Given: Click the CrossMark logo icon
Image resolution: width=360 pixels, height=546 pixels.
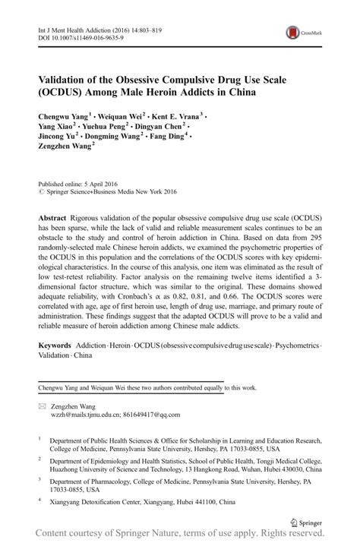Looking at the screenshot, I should tap(293, 32).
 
